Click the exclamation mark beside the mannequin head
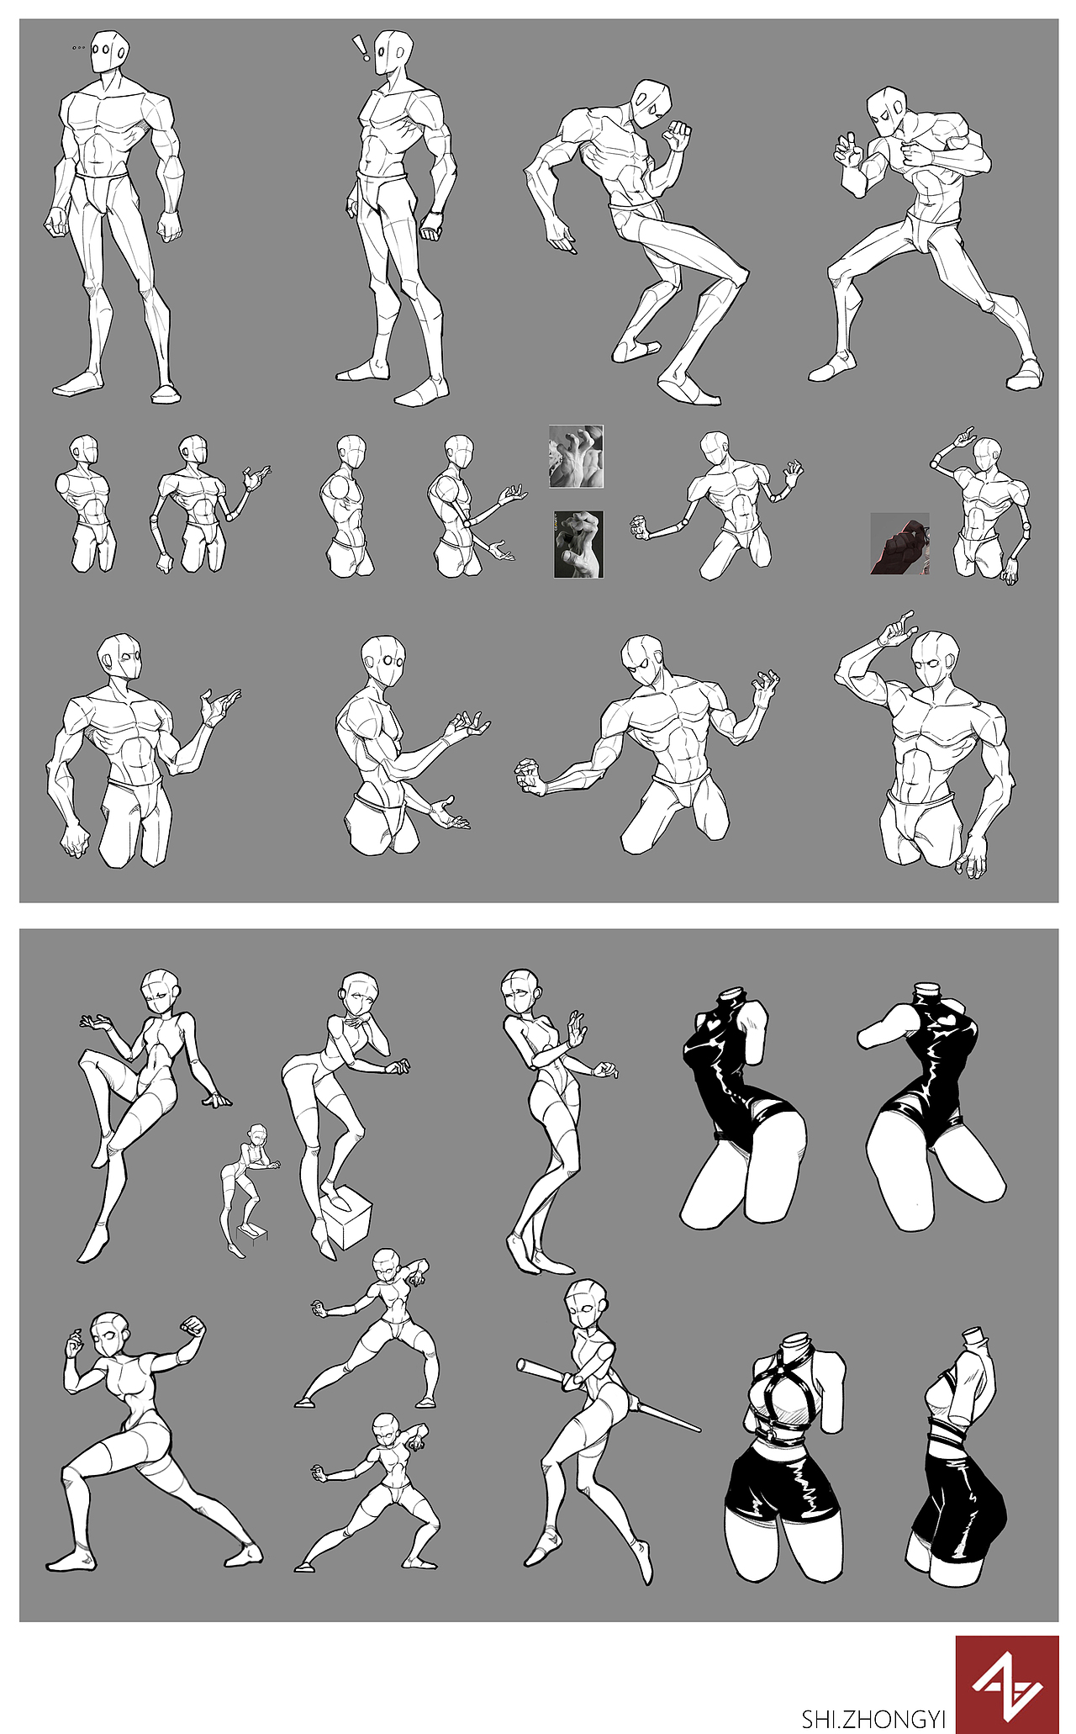pyautogui.click(x=361, y=48)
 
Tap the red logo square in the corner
pyautogui.click(x=1007, y=1684)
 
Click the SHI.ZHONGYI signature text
pyautogui.click(x=874, y=1718)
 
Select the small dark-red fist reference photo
pyautogui.click(x=899, y=543)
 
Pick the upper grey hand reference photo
pyautogui.click(x=577, y=456)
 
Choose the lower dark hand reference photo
pyautogui.click(x=578, y=544)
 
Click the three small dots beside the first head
pyautogui.click(x=79, y=48)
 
